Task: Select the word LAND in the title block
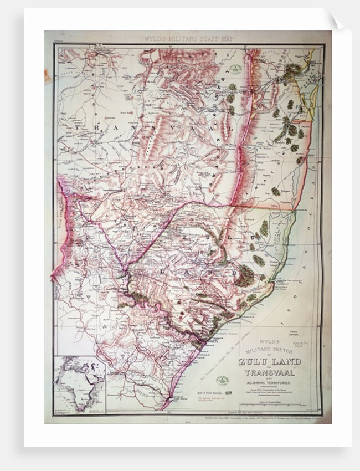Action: (x=287, y=362)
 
